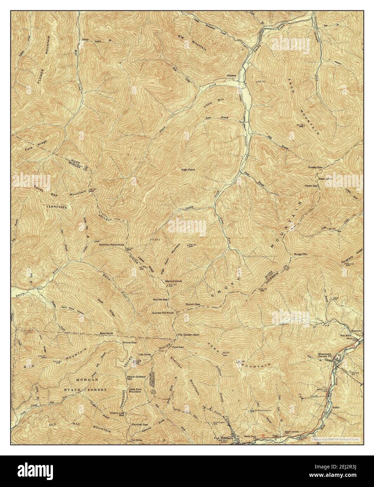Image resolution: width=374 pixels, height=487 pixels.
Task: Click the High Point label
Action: [x=188, y=170]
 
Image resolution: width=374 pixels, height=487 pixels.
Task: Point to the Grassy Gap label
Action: [x=315, y=167]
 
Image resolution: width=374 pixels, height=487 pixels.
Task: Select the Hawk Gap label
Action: [x=311, y=186]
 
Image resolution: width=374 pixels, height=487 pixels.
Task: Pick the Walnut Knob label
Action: [x=173, y=281]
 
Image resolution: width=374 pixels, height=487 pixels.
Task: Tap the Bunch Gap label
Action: [x=193, y=304]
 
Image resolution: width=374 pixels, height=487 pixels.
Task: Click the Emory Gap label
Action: [x=129, y=342]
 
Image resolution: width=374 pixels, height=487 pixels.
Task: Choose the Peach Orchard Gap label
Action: [x=134, y=377]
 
